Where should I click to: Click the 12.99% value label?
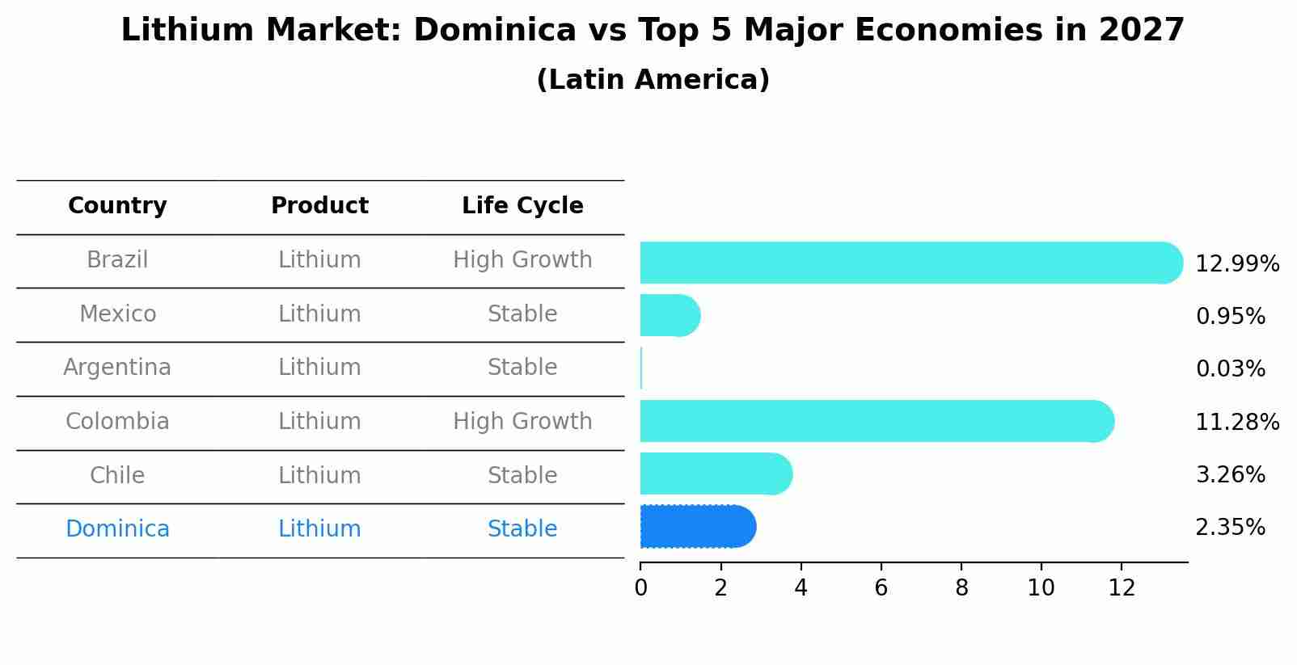click(x=1236, y=264)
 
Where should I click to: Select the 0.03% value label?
click(x=1230, y=369)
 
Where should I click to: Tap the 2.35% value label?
click(x=1230, y=528)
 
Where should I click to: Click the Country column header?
click(x=117, y=206)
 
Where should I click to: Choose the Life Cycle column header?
click(x=522, y=206)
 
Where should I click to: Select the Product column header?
click(x=319, y=206)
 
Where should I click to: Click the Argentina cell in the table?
click(x=117, y=368)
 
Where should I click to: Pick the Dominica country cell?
click(x=117, y=529)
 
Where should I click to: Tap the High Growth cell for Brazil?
click(x=522, y=260)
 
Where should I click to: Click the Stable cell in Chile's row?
click(x=522, y=475)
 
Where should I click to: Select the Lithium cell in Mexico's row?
click(x=319, y=314)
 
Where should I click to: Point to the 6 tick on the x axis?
click(x=881, y=588)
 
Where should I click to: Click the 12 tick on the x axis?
click(x=1122, y=588)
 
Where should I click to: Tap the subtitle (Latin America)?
click(x=653, y=80)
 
